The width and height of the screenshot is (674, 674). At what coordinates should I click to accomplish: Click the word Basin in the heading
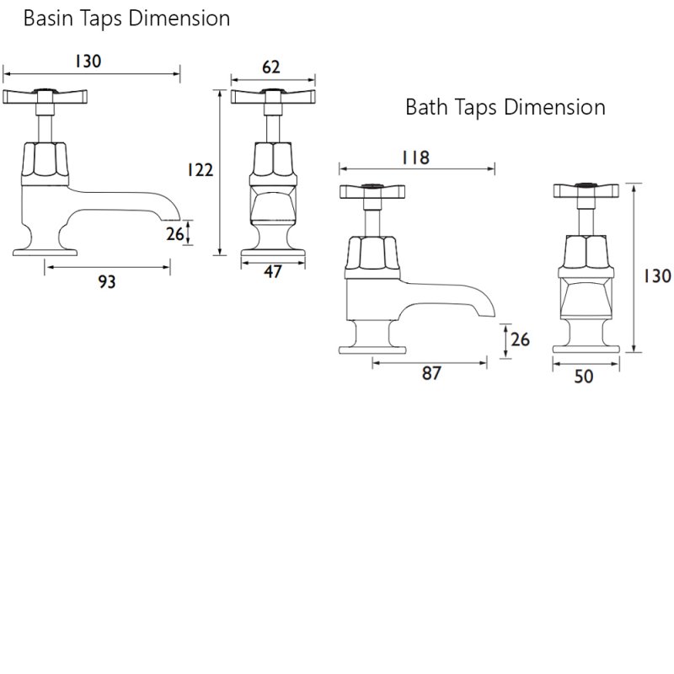pos(48,19)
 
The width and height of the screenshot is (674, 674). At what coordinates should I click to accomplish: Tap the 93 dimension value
pos(107,282)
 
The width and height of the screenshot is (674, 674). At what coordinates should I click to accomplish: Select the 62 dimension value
pos(270,67)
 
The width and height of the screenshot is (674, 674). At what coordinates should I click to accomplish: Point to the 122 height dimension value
pos(201,170)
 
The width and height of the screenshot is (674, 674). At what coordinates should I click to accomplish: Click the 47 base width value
pos(272,271)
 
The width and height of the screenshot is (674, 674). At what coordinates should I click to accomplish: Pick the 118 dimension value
pos(415,158)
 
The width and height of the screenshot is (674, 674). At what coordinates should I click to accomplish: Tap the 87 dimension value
pos(431,373)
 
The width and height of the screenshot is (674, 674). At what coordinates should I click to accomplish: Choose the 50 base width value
pos(584,377)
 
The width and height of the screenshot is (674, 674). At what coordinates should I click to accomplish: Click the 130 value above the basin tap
pos(88,62)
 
